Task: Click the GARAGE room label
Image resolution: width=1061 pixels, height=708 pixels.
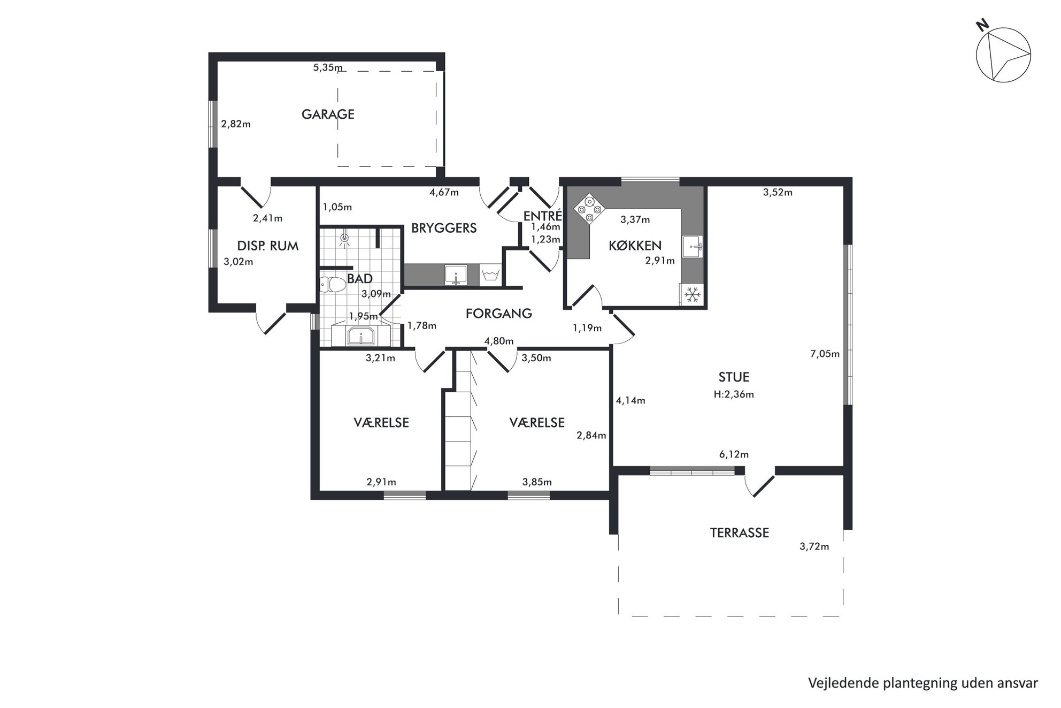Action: pyautogui.click(x=328, y=114)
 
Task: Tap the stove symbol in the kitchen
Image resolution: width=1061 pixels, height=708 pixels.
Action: pyautogui.click(x=589, y=209)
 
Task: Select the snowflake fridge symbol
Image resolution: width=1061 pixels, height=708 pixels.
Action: pyautogui.click(x=693, y=294)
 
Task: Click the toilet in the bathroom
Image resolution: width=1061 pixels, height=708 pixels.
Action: pyautogui.click(x=333, y=283)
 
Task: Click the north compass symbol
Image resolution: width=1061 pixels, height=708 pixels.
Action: pyautogui.click(x=1003, y=55)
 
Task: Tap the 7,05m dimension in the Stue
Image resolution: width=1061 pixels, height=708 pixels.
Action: pyautogui.click(x=825, y=354)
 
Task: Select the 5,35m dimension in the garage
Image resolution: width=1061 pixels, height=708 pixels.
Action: pyautogui.click(x=328, y=67)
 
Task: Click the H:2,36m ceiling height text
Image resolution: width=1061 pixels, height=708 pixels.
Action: pyautogui.click(x=734, y=394)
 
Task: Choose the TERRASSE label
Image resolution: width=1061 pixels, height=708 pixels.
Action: pyautogui.click(x=740, y=533)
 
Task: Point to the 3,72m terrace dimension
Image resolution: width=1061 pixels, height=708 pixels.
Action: pyautogui.click(x=814, y=546)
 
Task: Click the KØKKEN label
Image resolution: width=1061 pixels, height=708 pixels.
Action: pyautogui.click(x=635, y=246)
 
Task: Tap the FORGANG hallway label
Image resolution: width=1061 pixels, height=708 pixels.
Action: pyautogui.click(x=499, y=314)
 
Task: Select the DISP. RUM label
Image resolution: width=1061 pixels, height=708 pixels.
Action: pyautogui.click(x=267, y=246)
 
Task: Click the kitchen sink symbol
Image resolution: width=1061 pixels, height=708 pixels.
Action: pyautogui.click(x=693, y=247)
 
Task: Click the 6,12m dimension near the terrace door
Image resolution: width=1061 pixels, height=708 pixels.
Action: pyautogui.click(x=734, y=454)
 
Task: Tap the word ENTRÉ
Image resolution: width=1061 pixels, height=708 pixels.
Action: pyautogui.click(x=542, y=216)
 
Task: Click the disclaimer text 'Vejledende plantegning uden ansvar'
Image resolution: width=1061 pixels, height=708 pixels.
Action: pyautogui.click(x=923, y=683)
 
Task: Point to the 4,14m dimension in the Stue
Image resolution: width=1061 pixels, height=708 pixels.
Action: pyautogui.click(x=631, y=400)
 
